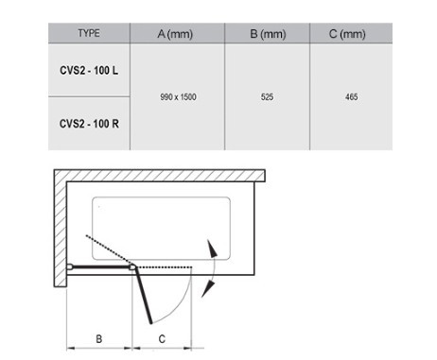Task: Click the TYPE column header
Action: [89, 33]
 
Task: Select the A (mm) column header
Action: [175, 34]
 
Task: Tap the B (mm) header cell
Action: [268, 34]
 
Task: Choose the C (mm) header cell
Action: [347, 34]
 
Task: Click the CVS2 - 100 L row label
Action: [89, 70]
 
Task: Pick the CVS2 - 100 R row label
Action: [89, 124]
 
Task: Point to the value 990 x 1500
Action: [178, 96]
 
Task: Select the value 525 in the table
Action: [267, 96]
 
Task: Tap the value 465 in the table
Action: [351, 96]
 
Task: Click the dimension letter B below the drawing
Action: [98, 339]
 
